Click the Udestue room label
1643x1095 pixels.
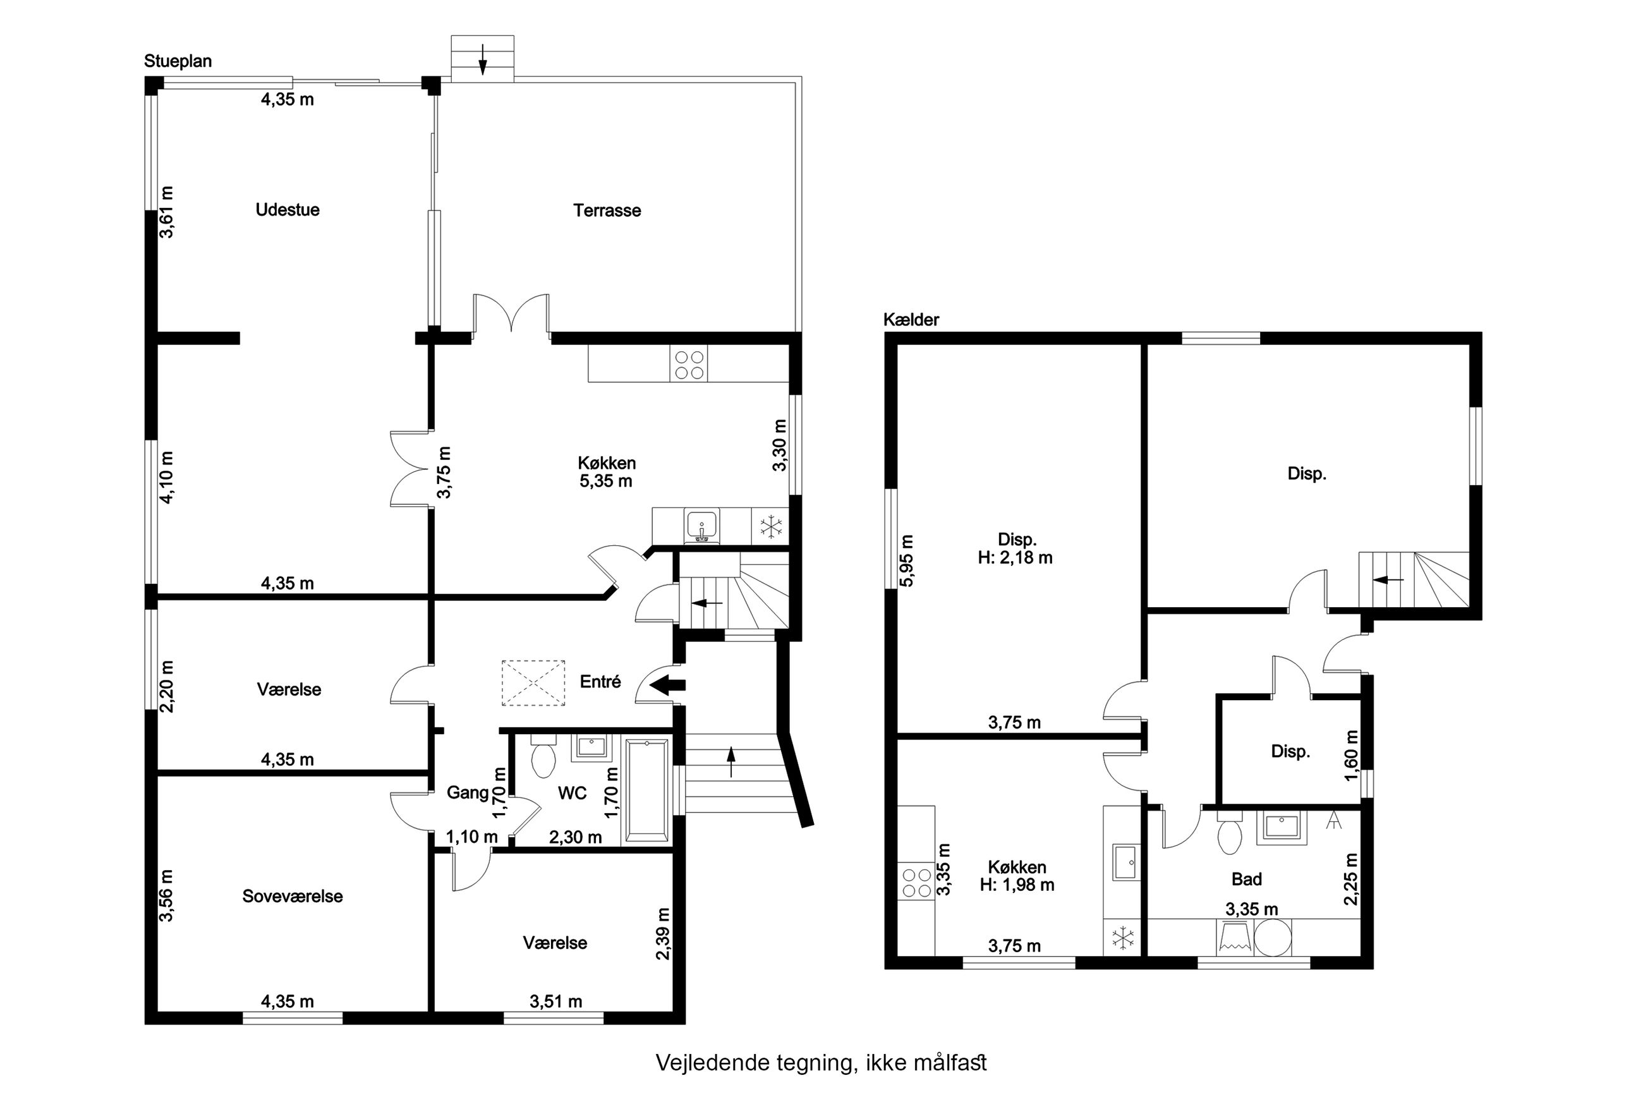click(x=287, y=210)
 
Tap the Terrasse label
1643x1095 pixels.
click(x=607, y=210)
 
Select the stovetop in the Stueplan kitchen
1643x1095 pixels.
click(x=689, y=364)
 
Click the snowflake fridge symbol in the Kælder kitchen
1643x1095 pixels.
click(x=1122, y=937)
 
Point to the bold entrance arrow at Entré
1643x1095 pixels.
click(x=667, y=686)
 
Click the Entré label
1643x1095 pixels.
click(x=600, y=682)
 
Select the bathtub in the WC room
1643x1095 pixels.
click(x=647, y=790)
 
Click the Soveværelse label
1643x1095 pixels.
click(x=293, y=896)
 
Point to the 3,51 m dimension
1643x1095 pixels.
click(x=556, y=1001)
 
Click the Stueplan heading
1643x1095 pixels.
click(x=178, y=61)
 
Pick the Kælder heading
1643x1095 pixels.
click(x=911, y=320)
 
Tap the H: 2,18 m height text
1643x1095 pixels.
click(x=1016, y=557)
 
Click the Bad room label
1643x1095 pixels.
click(x=1246, y=878)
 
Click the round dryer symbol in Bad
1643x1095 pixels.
click(x=1273, y=937)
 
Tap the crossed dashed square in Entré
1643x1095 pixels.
click(x=533, y=683)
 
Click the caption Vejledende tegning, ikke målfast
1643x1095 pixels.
click(x=821, y=1062)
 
